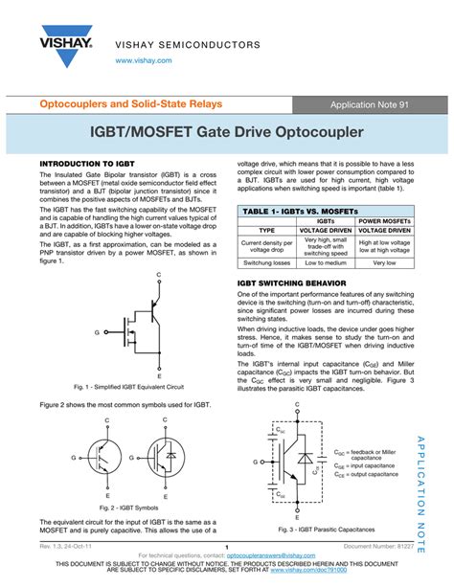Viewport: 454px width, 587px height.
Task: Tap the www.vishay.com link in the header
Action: (144, 59)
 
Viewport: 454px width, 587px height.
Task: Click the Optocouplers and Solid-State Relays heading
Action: (130, 103)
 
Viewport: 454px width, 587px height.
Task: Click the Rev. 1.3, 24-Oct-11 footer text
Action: (66, 546)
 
